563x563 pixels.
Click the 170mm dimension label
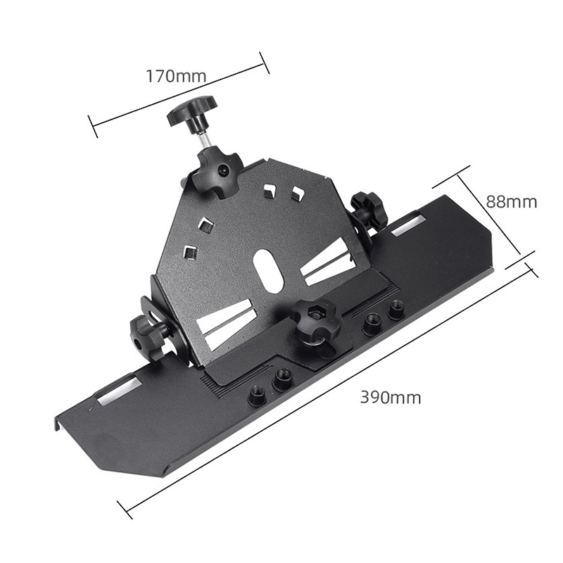click(176, 76)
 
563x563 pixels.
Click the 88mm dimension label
click(512, 202)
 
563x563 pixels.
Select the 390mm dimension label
click(391, 398)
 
